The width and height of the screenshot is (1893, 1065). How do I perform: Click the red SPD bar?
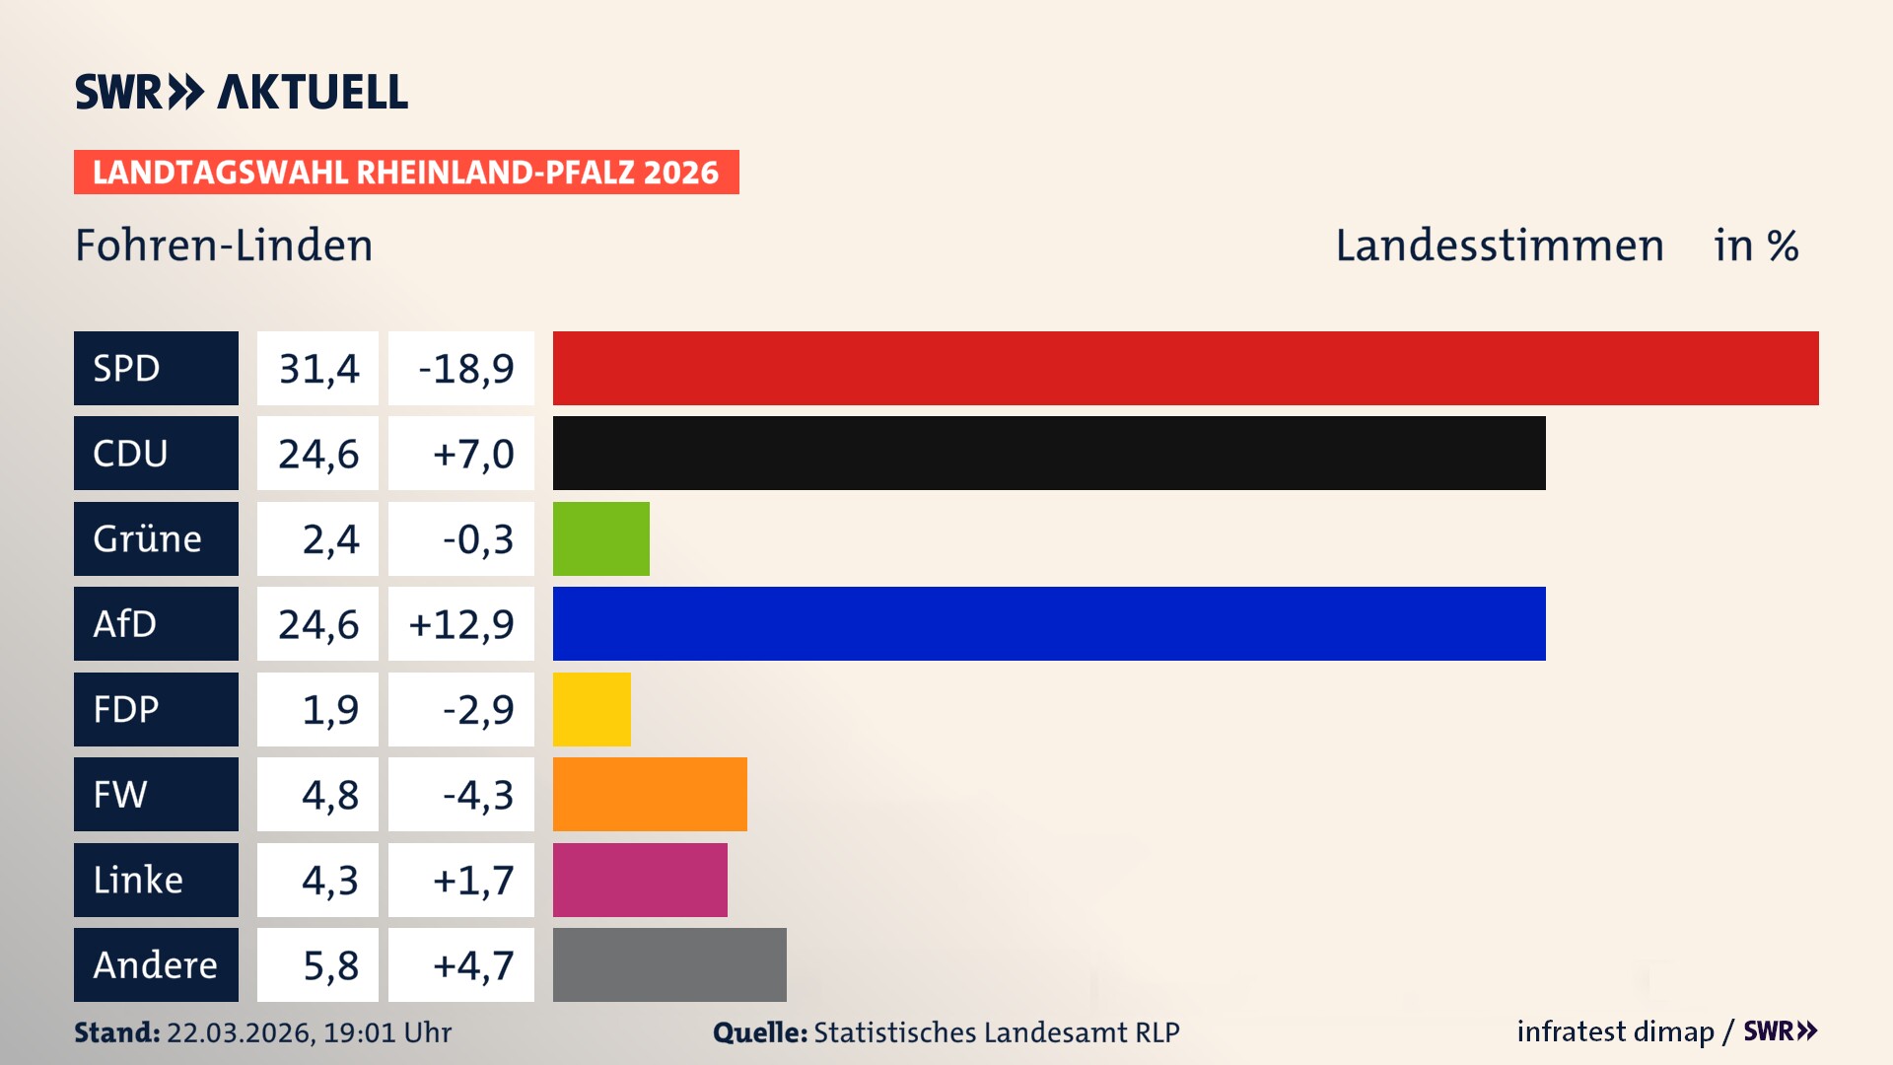coord(1185,368)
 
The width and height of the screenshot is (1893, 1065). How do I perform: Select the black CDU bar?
coord(1049,453)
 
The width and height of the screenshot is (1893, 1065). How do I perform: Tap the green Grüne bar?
coord(600,538)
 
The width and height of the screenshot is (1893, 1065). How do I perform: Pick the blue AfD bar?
coord(1049,623)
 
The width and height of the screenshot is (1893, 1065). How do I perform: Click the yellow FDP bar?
coord(592,709)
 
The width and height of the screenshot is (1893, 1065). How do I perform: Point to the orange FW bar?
coord(650,794)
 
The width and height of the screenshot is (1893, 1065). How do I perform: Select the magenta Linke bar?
coord(640,880)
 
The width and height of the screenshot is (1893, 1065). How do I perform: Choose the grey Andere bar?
coord(669,964)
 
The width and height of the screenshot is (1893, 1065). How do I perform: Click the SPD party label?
coord(156,368)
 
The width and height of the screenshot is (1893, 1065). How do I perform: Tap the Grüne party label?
coord(156,538)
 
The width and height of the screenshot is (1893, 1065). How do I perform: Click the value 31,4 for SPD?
coord(317,368)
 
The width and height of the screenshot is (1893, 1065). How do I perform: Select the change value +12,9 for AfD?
coord(460,623)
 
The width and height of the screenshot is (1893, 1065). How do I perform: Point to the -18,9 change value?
coord(460,368)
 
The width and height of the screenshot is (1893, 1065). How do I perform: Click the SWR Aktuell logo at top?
coord(242,92)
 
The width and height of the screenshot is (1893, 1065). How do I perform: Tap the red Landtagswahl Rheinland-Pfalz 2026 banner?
coord(406,172)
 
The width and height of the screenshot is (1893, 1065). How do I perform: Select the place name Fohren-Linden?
coord(224,246)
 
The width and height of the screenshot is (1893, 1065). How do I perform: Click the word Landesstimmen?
coord(1499,246)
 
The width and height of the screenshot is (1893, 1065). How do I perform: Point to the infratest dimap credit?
coord(1615,1031)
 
